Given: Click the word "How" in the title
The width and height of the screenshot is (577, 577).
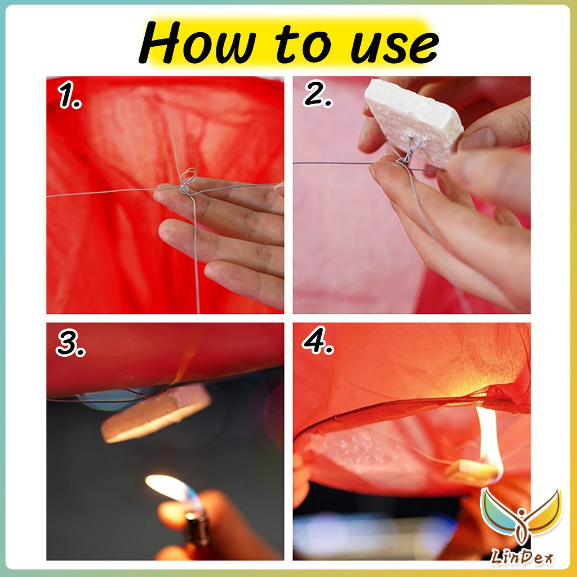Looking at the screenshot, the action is pyautogui.click(x=197, y=43).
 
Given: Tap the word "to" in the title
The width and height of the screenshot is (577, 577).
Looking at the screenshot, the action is pyautogui.click(x=303, y=45).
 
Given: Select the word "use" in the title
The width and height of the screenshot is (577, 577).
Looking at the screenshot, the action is pyautogui.click(x=394, y=47).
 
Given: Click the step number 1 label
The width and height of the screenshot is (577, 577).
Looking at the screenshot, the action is pyautogui.click(x=69, y=95).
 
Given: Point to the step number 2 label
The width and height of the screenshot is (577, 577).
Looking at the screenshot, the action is pyautogui.click(x=317, y=94).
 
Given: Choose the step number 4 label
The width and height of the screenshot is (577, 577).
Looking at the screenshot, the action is pyautogui.click(x=317, y=340).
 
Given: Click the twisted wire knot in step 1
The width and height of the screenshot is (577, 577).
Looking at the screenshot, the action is pyautogui.click(x=187, y=181).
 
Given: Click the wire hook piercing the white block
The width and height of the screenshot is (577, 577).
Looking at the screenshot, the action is pyautogui.click(x=410, y=149).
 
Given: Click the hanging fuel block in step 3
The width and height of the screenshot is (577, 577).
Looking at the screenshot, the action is pyautogui.click(x=156, y=412).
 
